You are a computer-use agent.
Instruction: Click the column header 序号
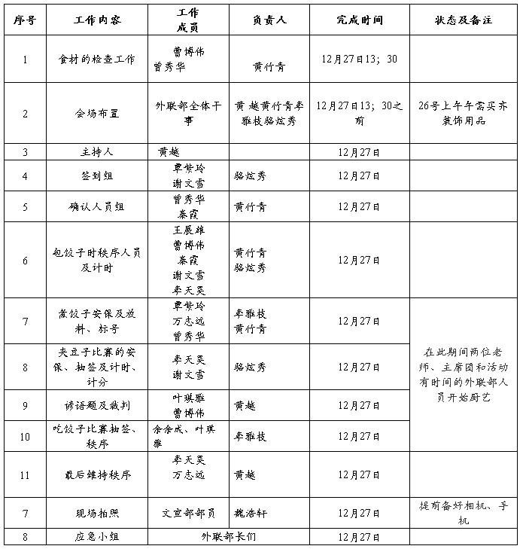(25, 20)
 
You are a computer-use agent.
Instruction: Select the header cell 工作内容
(97, 20)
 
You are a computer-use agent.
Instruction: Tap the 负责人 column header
(269, 20)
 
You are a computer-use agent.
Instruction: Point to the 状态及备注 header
(464, 20)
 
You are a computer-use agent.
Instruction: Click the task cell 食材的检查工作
(97, 59)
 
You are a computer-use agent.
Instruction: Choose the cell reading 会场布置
(97, 114)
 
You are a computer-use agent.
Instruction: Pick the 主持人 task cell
(97, 152)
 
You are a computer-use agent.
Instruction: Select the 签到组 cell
(97, 175)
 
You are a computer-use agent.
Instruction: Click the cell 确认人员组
(97, 206)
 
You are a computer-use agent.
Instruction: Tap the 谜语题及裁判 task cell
(97, 405)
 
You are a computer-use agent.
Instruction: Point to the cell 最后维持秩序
(97, 474)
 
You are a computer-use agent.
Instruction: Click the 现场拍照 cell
(97, 514)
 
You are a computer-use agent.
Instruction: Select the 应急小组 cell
(97, 537)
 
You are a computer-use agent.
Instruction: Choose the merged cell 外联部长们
(229, 537)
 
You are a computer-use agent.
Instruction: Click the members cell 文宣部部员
(188, 514)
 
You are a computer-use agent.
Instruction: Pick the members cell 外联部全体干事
(188, 114)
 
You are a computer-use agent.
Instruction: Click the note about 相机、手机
(464, 513)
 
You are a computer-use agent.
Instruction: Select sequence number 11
(25, 474)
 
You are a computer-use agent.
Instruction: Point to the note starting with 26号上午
(464, 114)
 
